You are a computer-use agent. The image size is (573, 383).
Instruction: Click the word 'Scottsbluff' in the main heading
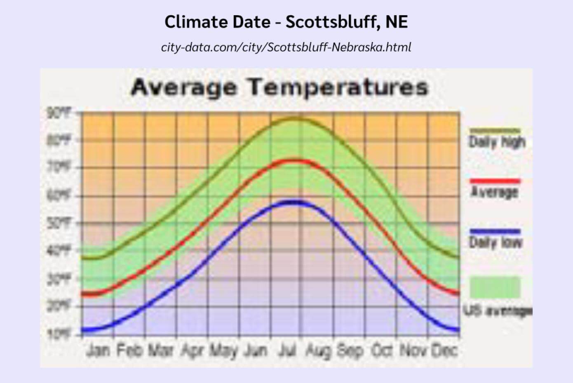coord(330,21)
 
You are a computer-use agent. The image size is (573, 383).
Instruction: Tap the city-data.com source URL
coord(286,47)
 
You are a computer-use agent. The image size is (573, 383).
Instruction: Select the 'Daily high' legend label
coord(497,142)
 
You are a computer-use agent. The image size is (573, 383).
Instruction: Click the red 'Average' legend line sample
coord(495,181)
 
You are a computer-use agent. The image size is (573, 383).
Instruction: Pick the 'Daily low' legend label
coord(496,242)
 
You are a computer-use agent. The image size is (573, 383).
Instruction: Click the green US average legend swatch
coord(495,287)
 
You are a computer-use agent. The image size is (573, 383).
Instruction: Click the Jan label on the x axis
coord(98,350)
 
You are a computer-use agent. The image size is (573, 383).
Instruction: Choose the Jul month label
coord(287,350)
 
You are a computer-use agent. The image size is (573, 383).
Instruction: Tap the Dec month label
coord(444,350)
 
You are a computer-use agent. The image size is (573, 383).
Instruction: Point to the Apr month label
coord(193,350)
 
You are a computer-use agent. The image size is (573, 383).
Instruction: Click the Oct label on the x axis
coord(382,350)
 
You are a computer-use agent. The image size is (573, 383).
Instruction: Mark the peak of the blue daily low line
coord(294,202)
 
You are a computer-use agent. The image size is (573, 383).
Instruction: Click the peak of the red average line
coord(294,160)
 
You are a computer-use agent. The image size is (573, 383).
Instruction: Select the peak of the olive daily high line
coord(294,119)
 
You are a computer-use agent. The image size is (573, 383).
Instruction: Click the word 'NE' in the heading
coord(396,21)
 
